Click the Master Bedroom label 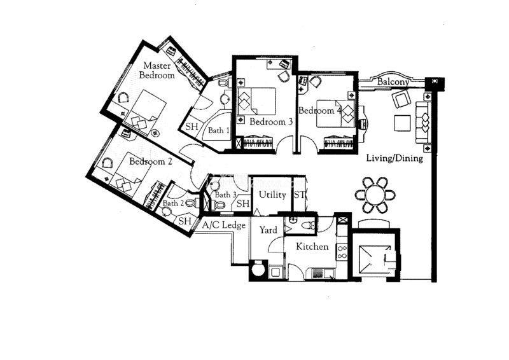[x=157, y=71]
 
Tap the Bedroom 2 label [x=151, y=162]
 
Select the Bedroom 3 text [x=272, y=122]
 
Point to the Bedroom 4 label [x=320, y=111]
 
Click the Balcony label [x=393, y=81]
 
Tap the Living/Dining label [x=394, y=158]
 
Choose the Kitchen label [x=312, y=247]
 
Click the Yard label [x=268, y=230]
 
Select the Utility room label [x=272, y=195]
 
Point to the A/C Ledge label [x=224, y=225]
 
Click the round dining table [x=375, y=195]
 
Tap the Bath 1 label [x=219, y=130]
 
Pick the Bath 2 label [x=173, y=203]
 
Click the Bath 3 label [x=226, y=195]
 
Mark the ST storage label [x=299, y=195]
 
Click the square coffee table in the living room [x=403, y=123]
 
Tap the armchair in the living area [x=401, y=99]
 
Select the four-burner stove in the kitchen [x=342, y=253]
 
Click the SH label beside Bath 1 [x=192, y=127]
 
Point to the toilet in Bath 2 [x=192, y=203]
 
